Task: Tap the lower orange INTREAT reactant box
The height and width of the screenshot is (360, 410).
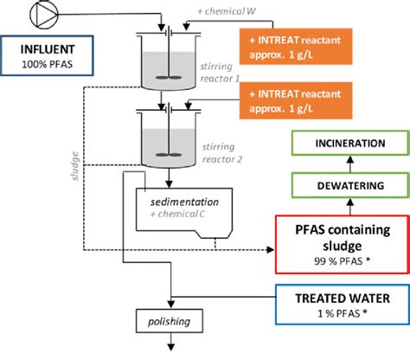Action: point(296,100)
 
